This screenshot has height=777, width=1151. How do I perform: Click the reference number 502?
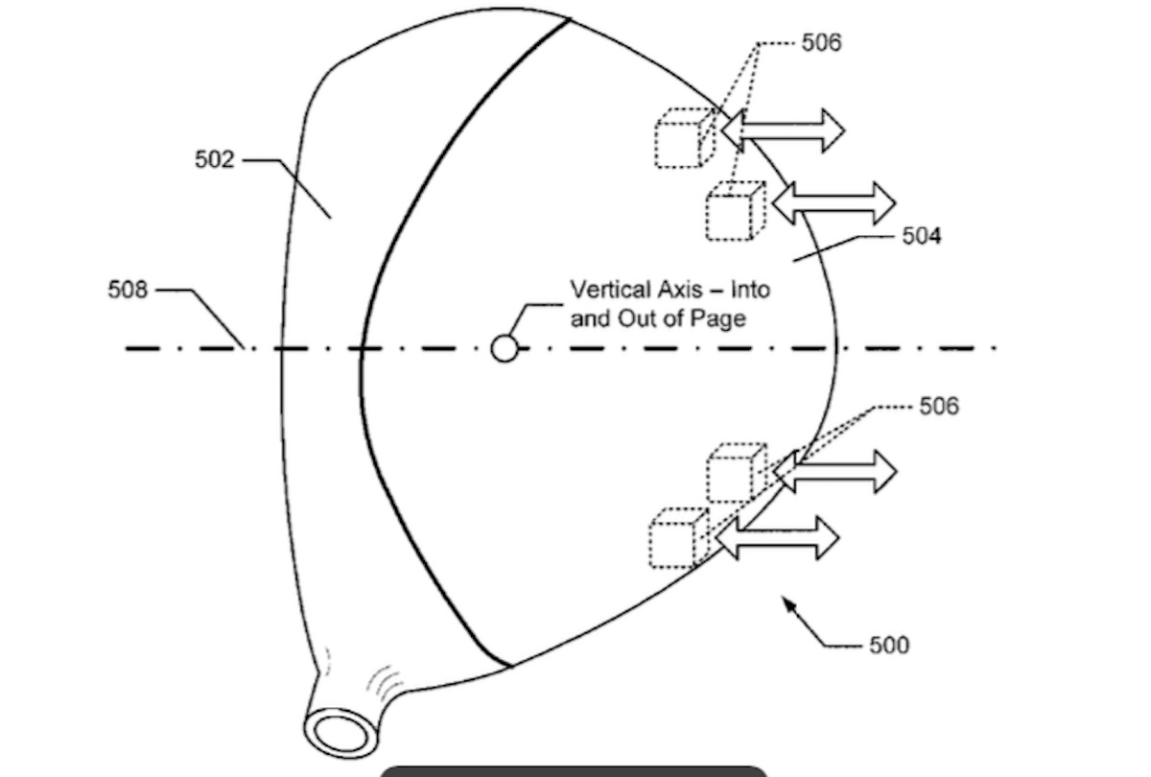[214, 159]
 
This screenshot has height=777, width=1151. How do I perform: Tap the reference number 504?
[921, 236]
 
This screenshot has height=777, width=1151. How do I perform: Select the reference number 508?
[128, 289]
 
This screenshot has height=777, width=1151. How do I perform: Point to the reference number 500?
[889, 645]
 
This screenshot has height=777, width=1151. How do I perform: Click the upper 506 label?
[822, 42]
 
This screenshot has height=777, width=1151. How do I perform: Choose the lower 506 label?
[938, 406]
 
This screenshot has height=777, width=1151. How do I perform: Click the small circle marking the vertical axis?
[505, 348]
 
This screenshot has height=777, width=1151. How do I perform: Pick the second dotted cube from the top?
[736, 211]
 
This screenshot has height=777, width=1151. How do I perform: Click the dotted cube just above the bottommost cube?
[737, 472]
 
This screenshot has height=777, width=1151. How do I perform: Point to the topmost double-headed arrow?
[782, 129]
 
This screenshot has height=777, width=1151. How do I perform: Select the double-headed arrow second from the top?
[833, 203]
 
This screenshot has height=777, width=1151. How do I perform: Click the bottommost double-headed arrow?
[777, 538]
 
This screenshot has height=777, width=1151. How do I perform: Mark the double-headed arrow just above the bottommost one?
[834, 471]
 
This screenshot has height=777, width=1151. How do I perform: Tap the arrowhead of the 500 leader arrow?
[788, 602]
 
